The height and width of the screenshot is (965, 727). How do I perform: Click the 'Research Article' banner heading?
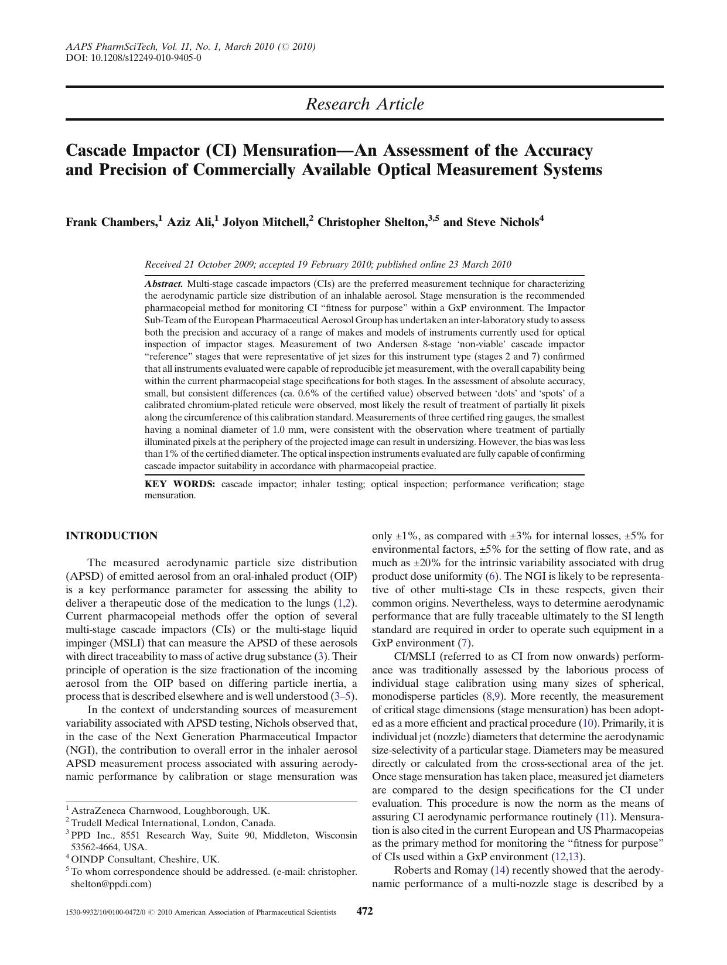pyautogui.click(x=364, y=104)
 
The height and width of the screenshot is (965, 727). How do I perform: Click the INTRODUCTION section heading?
pyautogui.click(x=111, y=536)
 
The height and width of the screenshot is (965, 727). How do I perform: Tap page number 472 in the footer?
pyautogui.click(x=365, y=911)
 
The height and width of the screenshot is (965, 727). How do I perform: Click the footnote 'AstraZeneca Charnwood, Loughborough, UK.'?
pyautogui.click(x=170, y=811)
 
